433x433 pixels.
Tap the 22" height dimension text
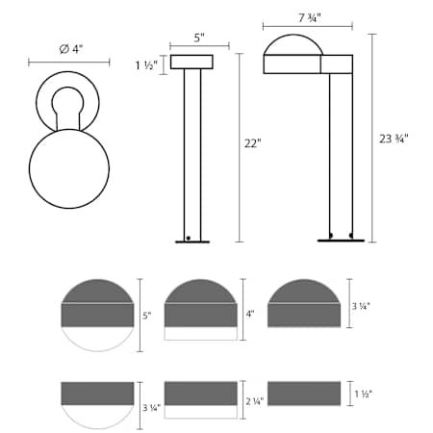(x=252, y=143)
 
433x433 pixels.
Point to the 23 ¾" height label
(x=395, y=138)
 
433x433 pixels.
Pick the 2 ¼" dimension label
(x=254, y=401)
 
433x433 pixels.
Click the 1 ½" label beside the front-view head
(x=146, y=64)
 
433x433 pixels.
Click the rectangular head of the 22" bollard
(x=191, y=63)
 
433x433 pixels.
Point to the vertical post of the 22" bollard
(x=191, y=154)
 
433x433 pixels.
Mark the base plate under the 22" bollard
(x=192, y=242)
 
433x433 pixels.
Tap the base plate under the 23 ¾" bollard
(x=341, y=241)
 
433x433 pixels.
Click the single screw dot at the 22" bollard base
(x=189, y=237)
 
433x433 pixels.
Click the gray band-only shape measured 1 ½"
(x=304, y=394)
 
